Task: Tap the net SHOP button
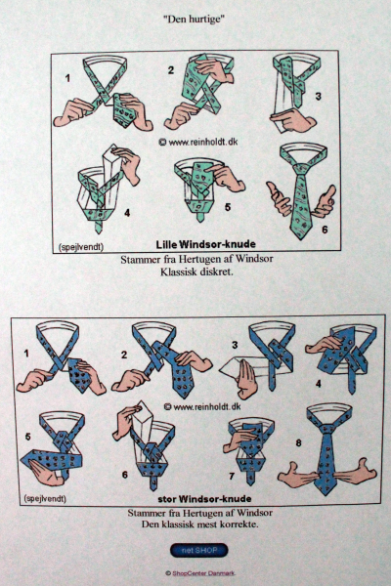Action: click(198, 550)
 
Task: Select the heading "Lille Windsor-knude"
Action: click(206, 244)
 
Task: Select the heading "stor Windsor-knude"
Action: click(204, 498)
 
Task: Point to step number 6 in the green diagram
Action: click(325, 230)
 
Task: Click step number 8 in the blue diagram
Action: click(298, 442)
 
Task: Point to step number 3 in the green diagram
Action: click(318, 97)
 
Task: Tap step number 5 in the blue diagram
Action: click(28, 437)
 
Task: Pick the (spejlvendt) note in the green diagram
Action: click(80, 247)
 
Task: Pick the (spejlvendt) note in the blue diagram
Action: click(45, 498)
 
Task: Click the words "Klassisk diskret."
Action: click(196, 272)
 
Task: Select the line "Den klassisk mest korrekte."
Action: click(199, 523)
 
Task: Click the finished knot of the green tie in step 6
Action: click(302, 169)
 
